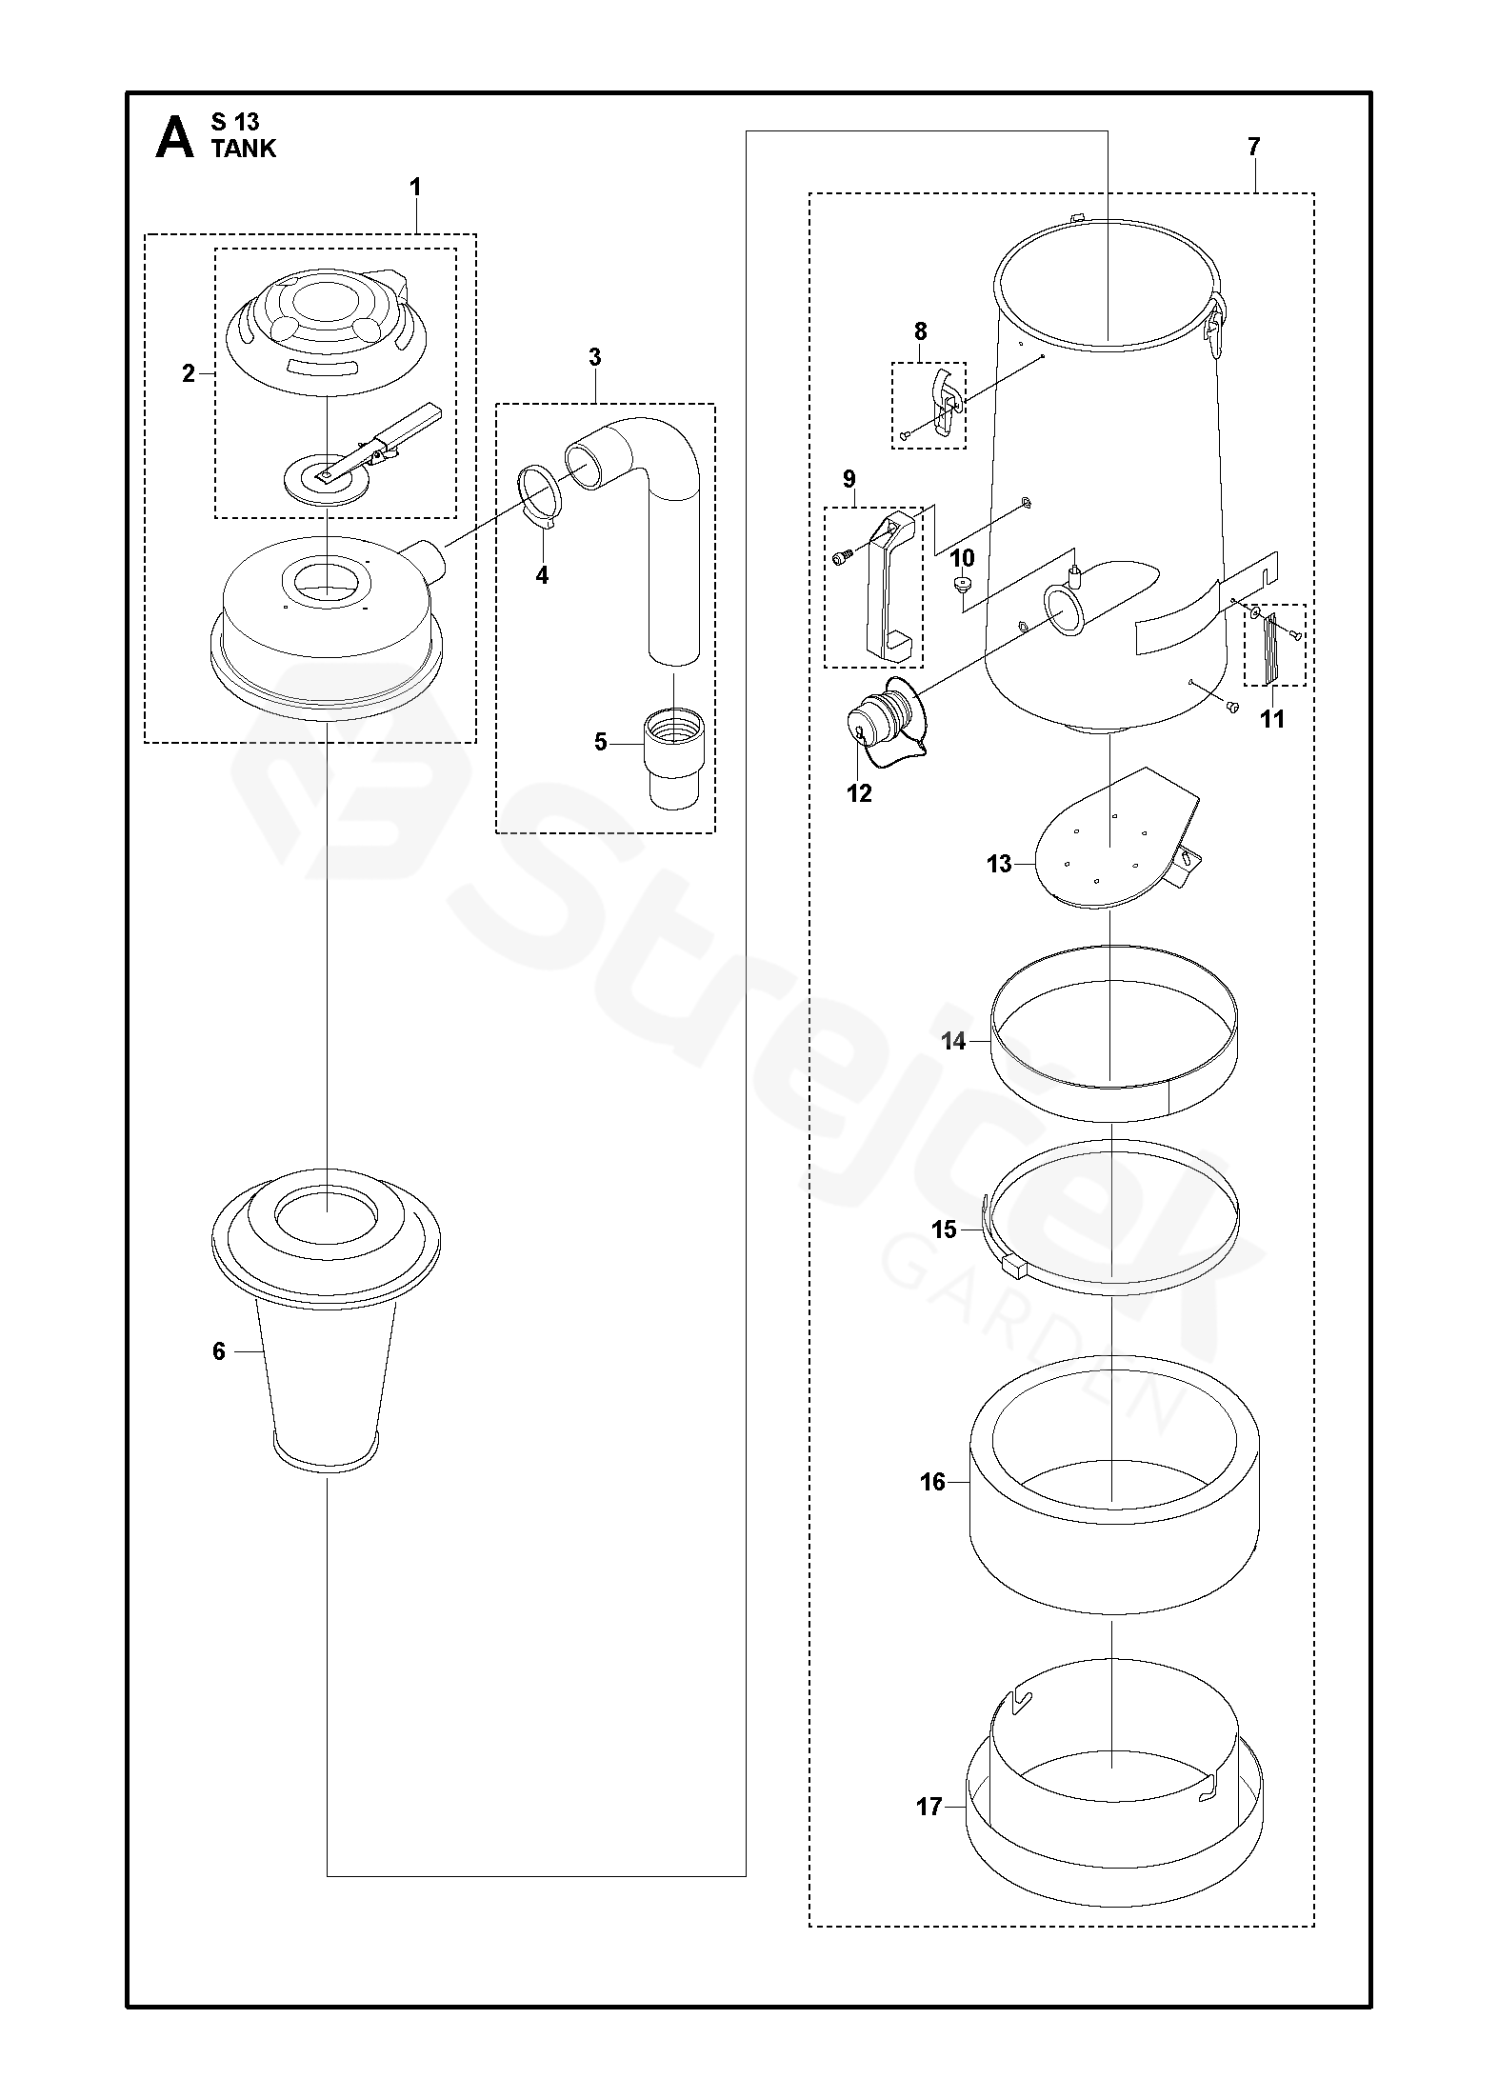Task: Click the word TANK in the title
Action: point(244,148)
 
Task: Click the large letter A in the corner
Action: point(174,137)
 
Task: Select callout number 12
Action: point(859,793)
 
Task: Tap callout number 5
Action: point(600,742)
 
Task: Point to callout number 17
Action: point(929,1806)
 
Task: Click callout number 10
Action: point(963,556)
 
